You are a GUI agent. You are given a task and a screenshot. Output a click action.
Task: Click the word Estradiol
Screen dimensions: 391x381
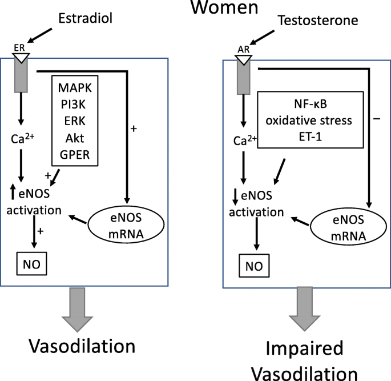85,18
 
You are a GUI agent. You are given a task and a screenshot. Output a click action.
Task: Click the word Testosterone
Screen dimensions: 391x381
318,20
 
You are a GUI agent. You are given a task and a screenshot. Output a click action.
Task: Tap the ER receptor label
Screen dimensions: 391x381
19,47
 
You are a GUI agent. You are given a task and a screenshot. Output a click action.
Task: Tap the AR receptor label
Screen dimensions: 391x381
243,49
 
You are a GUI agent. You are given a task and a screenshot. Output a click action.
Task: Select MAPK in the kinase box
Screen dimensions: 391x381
75,88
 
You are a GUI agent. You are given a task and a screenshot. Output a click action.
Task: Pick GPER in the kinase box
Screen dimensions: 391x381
75,155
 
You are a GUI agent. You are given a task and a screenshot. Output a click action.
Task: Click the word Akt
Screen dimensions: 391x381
75,138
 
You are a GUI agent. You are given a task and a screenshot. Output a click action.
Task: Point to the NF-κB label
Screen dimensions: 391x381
311,104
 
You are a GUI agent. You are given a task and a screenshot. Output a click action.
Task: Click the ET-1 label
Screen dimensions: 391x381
311,137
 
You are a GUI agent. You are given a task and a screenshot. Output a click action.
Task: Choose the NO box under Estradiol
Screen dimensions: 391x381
31,264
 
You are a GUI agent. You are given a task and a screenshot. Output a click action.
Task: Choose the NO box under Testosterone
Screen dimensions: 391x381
254,266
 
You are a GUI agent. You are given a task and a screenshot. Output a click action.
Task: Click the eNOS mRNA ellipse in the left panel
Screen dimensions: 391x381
126,224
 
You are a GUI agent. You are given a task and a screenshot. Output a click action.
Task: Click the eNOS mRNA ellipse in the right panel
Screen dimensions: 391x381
348,226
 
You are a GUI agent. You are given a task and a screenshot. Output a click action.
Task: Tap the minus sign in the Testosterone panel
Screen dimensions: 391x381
377,118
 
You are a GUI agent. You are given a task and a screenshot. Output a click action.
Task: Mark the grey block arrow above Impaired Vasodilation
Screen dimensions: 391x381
304,309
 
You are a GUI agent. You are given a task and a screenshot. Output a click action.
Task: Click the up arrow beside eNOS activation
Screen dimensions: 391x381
13,191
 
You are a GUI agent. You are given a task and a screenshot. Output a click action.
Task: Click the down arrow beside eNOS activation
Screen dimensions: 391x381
235,197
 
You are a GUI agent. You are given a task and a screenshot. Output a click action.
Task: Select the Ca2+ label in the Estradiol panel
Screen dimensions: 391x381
22,138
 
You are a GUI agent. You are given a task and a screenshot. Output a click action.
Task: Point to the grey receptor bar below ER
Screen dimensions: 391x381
21,76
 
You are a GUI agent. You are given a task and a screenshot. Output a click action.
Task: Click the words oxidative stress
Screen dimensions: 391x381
309,121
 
